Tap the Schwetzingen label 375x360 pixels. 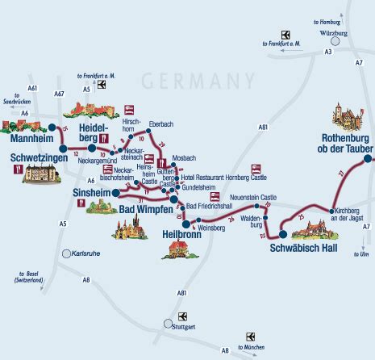coord(39,157)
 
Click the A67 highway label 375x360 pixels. coord(60,95)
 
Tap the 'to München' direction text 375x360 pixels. coord(252,351)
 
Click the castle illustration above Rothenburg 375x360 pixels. coord(348,120)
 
